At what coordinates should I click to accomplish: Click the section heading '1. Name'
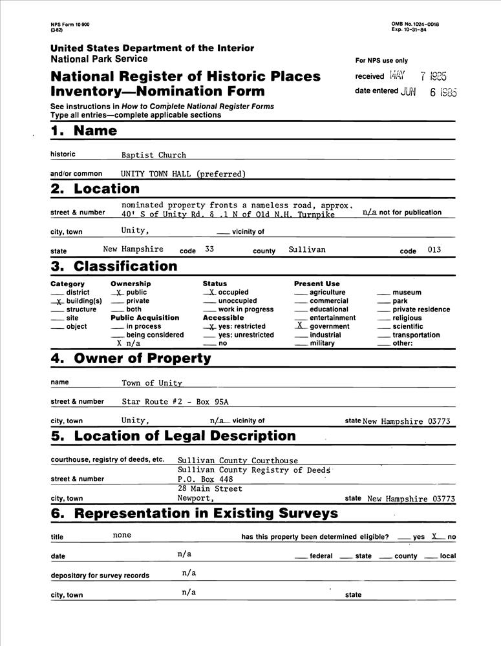(84, 131)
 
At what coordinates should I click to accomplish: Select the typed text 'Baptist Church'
(154, 155)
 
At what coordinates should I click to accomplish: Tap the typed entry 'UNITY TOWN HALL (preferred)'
(184, 174)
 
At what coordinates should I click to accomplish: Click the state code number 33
(209, 249)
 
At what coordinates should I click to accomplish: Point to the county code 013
(434, 249)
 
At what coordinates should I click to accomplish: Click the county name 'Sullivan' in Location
(307, 249)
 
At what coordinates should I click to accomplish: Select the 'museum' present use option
(406, 293)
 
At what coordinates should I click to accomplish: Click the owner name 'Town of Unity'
(152, 383)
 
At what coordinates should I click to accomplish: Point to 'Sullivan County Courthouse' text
(238, 461)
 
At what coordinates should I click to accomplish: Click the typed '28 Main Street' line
(210, 489)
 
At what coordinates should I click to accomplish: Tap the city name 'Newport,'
(196, 499)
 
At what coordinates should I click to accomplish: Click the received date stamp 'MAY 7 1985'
(423, 76)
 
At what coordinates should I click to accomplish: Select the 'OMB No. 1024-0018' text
(415, 24)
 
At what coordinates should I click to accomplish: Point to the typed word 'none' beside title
(122, 535)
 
